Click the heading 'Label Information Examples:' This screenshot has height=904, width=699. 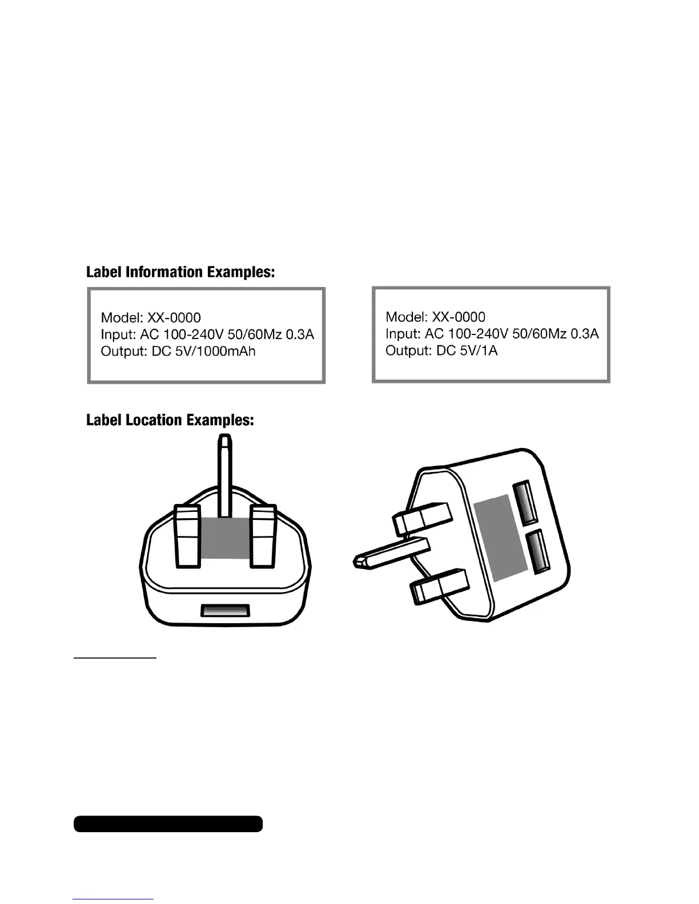[x=180, y=272]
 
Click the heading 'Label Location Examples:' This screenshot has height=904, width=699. [x=170, y=421]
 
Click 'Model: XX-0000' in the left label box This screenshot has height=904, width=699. [x=151, y=317]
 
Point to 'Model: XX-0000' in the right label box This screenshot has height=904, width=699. [x=436, y=316]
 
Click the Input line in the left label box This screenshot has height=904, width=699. [x=207, y=334]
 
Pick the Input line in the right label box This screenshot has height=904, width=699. [x=492, y=333]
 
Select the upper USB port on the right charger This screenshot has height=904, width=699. [x=525, y=503]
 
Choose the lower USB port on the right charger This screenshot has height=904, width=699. [x=538, y=552]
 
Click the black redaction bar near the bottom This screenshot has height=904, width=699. [x=168, y=824]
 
